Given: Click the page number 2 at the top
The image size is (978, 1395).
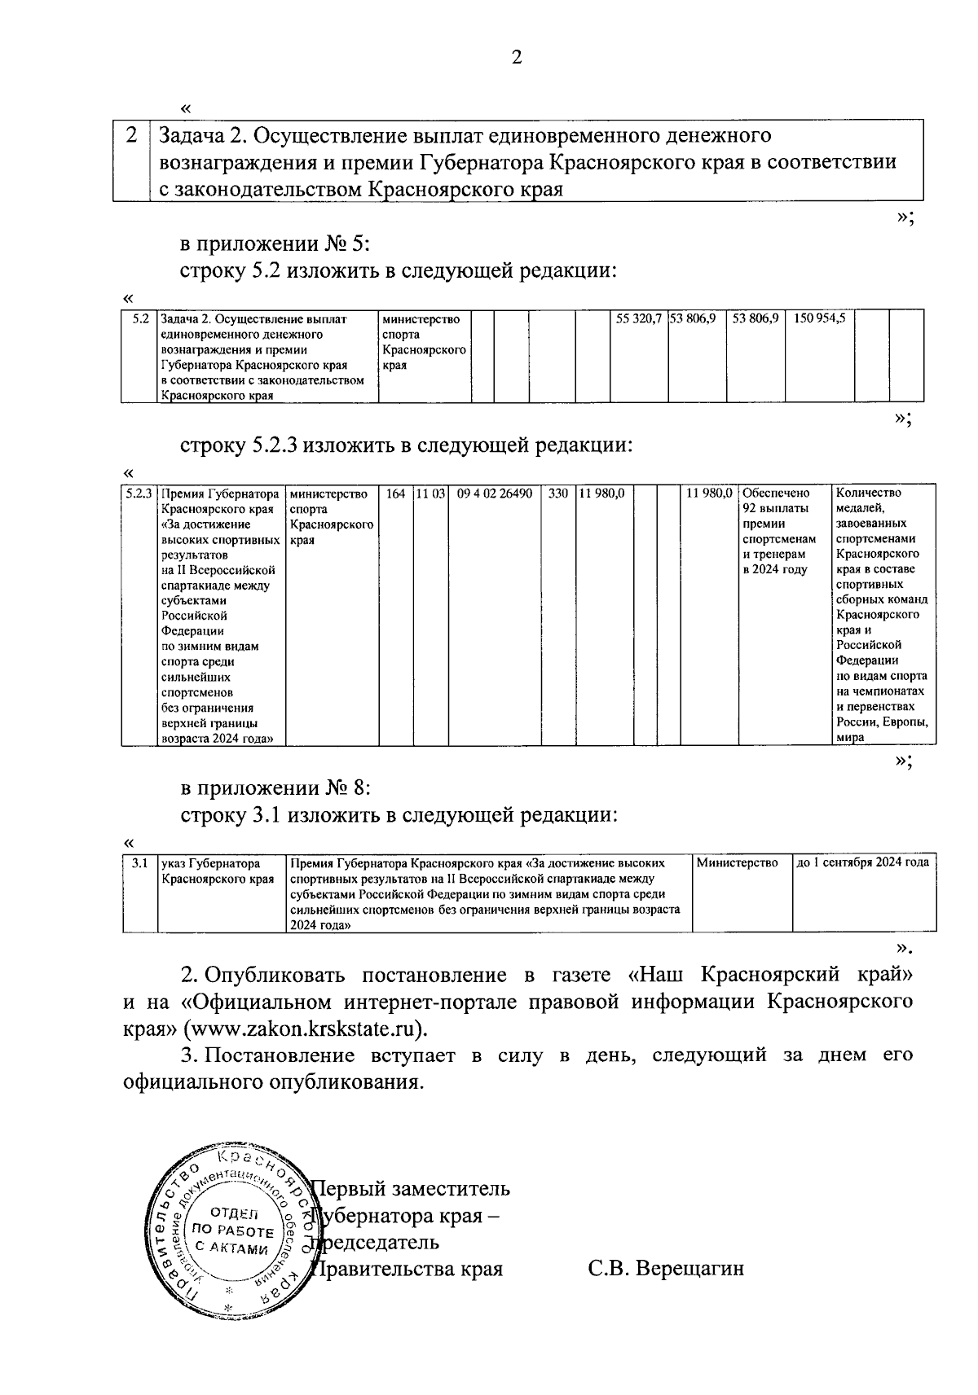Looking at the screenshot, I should (515, 56).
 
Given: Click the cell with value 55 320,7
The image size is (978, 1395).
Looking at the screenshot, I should (638, 319).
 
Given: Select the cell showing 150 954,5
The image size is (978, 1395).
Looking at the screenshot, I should (819, 319).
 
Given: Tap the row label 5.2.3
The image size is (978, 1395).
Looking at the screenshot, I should (139, 494).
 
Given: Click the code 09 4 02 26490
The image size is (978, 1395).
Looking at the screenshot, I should (495, 494).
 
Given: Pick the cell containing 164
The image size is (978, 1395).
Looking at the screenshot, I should (395, 494).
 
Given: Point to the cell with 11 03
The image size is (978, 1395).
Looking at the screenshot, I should (430, 494).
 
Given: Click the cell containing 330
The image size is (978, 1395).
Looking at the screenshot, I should (557, 494).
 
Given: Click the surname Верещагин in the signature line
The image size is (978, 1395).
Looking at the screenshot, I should (689, 1269).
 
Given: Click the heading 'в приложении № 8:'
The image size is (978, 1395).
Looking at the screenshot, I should (275, 788).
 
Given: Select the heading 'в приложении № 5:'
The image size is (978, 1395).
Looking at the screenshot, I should (275, 243).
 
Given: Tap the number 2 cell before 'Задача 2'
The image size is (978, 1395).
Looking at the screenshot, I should (131, 135).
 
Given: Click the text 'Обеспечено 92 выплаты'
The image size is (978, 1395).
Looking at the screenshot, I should (777, 500).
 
